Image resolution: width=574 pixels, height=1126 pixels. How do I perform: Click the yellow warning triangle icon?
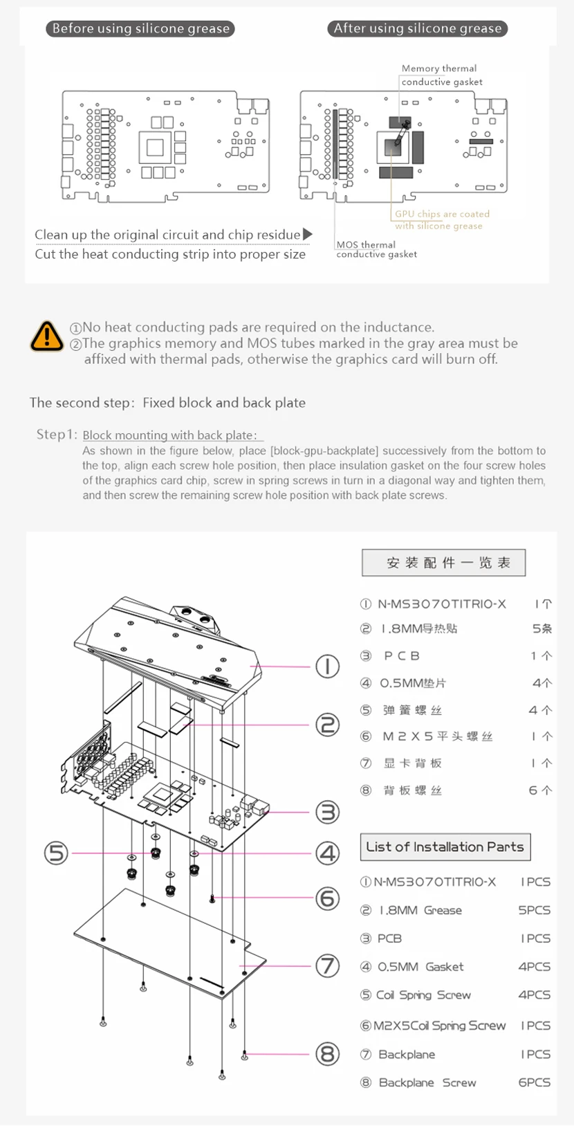(x=46, y=336)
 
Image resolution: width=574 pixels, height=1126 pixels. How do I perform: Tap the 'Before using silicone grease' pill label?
(x=140, y=28)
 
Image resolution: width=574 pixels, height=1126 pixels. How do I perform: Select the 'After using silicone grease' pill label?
(x=417, y=28)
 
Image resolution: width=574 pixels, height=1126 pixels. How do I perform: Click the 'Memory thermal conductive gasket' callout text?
(x=441, y=75)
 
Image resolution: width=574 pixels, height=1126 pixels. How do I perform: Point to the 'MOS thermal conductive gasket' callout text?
(x=376, y=249)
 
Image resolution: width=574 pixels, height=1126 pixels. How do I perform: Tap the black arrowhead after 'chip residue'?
(x=308, y=235)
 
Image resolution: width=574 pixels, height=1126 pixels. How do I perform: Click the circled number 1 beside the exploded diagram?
(x=327, y=666)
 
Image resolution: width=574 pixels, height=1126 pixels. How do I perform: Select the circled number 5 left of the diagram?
(x=56, y=853)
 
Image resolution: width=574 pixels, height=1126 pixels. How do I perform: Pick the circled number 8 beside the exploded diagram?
(x=327, y=1054)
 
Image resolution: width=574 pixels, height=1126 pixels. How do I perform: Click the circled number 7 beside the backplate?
(x=327, y=965)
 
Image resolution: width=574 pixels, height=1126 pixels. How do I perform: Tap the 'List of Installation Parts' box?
(x=445, y=846)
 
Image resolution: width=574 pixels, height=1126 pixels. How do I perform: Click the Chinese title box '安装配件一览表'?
(x=443, y=563)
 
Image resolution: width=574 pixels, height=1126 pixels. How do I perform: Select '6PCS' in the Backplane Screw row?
(x=534, y=1082)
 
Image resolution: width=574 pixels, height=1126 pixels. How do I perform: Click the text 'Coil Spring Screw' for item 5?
(x=423, y=995)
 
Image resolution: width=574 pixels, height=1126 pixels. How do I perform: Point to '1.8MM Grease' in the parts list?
(x=420, y=910)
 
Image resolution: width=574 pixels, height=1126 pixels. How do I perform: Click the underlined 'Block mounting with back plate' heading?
(x=169, y=435)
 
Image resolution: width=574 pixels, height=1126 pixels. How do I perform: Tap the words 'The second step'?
(x=80, y=403)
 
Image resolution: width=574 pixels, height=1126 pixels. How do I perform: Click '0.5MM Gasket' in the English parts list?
(x=420, y=966)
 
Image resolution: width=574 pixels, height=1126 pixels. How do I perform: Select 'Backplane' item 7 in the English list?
(x=407, y=1054)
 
